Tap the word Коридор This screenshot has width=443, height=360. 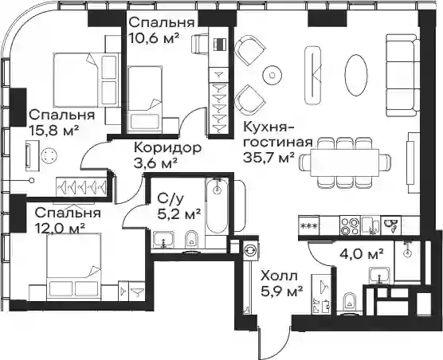[x=168, y=147]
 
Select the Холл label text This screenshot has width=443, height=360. [x=279, y=276]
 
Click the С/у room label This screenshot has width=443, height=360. [x=170, y=200]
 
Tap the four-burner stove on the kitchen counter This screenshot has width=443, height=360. [x=350, y=225]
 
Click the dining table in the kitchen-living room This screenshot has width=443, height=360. [x=344, y=163]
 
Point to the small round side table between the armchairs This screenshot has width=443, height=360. [x=272, y=75]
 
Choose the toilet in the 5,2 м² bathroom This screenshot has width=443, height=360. [x=192, y=240]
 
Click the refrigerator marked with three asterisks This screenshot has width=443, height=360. [x=309, y=225]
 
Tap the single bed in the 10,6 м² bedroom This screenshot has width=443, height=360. [x=145, y=100]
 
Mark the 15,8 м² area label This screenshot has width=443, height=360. [x=53, y=131]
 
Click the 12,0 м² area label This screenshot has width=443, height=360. [x=61, y=228]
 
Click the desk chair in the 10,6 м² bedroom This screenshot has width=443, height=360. [x=200, y=44]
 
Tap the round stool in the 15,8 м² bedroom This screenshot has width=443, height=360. [x=49, y=156]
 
